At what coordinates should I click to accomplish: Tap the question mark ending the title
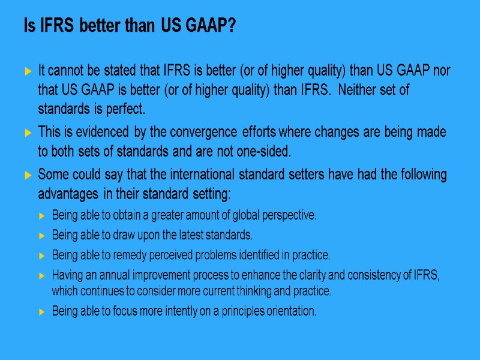pos(232,26)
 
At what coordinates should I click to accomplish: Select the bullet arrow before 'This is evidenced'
pos(28,132)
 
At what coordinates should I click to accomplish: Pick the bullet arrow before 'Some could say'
pos(28,176)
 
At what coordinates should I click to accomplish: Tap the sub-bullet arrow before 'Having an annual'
pos(41,276)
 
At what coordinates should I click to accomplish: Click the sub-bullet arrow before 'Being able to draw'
pos(41,235)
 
